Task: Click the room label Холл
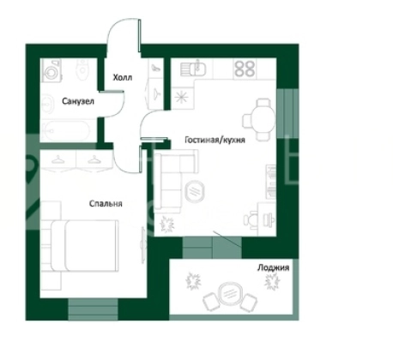pos(123,77)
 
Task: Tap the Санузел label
pos(78,101)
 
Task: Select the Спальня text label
pos(106,203)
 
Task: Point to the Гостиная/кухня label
pos(215,140)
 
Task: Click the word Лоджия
pos(273,267)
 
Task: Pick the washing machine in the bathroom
pos(51,70)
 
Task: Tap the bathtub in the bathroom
pos(66,131)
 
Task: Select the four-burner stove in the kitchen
pos(245,69)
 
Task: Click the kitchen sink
pos(193,69)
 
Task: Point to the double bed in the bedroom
pos(84,246)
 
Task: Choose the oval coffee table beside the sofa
pos(195,190)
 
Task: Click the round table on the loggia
pos(229,294)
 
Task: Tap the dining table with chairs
pos(259,119)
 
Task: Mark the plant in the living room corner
pos(166,224)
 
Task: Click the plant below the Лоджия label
pos(271,282)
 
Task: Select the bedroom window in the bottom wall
pos(93,309)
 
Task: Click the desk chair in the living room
pos(251,220)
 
